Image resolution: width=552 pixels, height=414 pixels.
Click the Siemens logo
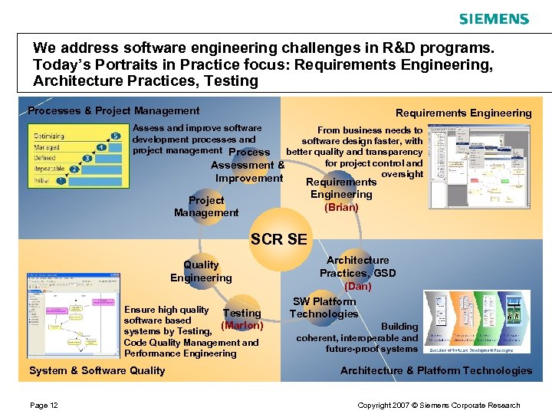click(x=494, y=19)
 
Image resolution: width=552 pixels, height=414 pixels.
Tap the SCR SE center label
click(x=278, y=239)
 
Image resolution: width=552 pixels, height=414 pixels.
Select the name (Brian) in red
click(x=341, y=207)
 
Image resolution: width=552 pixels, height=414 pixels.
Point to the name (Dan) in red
click(x=358, y=286)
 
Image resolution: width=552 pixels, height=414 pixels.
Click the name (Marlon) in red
click(x=242, y=325)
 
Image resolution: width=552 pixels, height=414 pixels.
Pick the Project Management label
click(x=206, y=206)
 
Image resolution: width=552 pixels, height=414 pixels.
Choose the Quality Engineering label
click(x=201, y=271)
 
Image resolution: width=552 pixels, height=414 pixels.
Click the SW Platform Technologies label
click(x=324, y=307)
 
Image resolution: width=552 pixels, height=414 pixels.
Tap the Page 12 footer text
click(x=44, y=405)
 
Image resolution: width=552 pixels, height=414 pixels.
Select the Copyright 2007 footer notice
click(x=439, y=405)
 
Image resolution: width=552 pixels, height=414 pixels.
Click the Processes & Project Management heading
click(x=113, y=111)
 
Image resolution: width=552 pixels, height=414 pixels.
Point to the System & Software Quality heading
click(x=97, y=370)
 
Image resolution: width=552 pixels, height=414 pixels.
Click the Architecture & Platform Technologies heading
click(x=436, y=370)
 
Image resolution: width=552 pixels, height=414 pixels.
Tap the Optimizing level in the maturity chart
click(x=49, y=136)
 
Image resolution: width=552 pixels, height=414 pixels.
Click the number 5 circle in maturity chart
click(x=115, y=136)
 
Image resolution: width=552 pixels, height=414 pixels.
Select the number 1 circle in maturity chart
click(x=61, y=182)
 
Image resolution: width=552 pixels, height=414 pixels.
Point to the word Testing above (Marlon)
click(x=242, y=313)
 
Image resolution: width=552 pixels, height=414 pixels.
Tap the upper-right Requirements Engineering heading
click(x=463, y=113)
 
